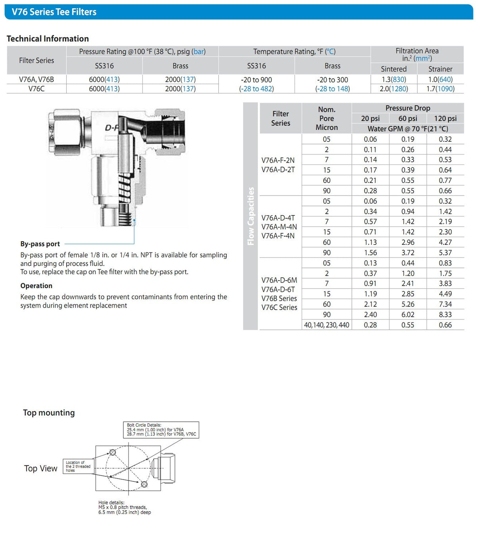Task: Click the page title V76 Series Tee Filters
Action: tap(54, 12)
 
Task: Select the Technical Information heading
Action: tap(48, 38)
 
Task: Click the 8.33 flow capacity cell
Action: tap(445, 315)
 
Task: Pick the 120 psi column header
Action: tap(445, 118)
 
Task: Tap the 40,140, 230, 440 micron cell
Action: tap(326, 325)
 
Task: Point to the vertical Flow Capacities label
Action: tap(251, 216)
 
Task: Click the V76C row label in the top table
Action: tap(37, 89)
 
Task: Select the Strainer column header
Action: tap(440, 69)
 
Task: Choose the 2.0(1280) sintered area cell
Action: tap(393, 89)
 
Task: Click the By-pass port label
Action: tap(40, 244)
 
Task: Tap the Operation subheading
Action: tap(36, 286)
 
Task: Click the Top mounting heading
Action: tap(49, 413)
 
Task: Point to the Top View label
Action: tap(40, 468)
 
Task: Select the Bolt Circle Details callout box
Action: tap(161, 430)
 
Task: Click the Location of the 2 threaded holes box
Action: tap(78, 466)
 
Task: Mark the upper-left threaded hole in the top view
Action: tap(112, 452)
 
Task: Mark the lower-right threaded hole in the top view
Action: tap(144, 484)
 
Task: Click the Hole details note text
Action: tap(124, 507)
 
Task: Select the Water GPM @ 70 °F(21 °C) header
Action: tap(407, 129)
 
